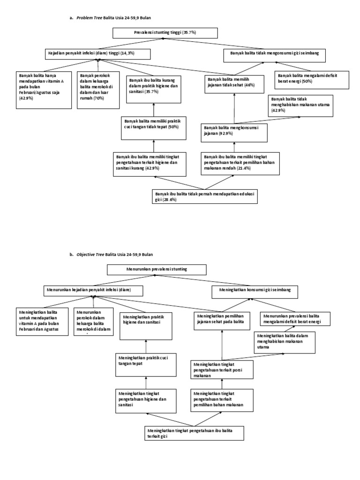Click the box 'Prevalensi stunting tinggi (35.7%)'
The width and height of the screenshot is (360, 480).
click(165, 33)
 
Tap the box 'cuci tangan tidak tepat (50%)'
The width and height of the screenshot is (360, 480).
click(154, 127)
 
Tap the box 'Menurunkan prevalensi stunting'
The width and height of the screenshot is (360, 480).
click(157, 269)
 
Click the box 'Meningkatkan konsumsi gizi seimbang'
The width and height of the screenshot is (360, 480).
click(255, 291)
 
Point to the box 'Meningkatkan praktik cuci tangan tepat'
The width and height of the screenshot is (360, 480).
click(145, 365)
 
